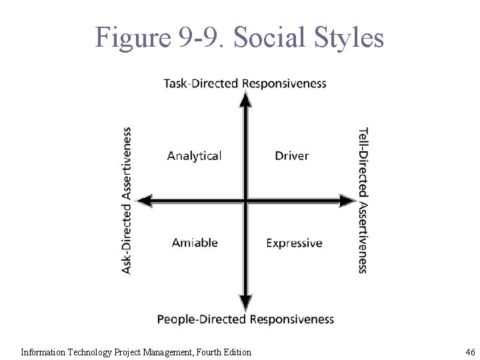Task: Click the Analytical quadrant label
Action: [194, 156]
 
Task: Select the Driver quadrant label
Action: [292, 156]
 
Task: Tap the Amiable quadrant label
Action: [195, 243]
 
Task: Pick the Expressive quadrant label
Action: [294, 243]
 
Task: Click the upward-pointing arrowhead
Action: [246, 99]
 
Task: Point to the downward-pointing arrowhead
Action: [246, 303]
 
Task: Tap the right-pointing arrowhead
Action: [347, 200]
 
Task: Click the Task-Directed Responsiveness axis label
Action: [245, 83]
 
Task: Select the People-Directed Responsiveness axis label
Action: [245, 319]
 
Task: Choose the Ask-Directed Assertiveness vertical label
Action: [127, 200]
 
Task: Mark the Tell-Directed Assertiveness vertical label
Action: [363, 200]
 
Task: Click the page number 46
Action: [470, 352]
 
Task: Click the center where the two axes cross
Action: [246, 200]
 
